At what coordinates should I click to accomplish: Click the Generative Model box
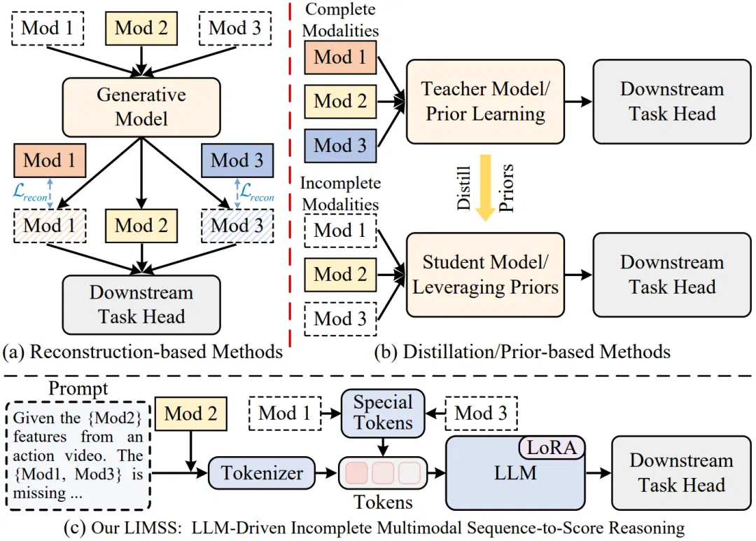[141, 107]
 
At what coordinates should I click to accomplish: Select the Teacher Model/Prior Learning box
[485, 102]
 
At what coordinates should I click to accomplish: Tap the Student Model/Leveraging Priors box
[485, 275]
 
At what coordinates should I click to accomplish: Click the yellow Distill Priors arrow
[485, 187]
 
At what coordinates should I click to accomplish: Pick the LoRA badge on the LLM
[552, 448]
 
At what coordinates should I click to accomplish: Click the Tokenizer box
[261, 473]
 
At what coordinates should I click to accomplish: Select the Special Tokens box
[383, 413]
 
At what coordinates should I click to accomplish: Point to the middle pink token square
[383, 473]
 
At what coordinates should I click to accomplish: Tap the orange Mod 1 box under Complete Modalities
[340, 57]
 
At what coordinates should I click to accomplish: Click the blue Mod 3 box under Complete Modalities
[340, 145]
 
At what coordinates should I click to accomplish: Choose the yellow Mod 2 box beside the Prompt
[191, 413]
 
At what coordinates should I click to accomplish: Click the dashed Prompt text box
[78, 456]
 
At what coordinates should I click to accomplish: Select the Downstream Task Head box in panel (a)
[141, 305]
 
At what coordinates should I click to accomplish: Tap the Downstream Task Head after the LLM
[681, 473]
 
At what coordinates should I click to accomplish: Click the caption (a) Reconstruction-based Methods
[143, 352]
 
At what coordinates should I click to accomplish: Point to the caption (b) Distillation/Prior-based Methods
[522, 352]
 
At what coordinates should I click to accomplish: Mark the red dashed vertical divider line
[290, 174]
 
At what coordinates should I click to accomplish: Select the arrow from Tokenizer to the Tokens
[326, 473]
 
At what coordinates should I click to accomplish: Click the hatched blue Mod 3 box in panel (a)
[237, 226]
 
